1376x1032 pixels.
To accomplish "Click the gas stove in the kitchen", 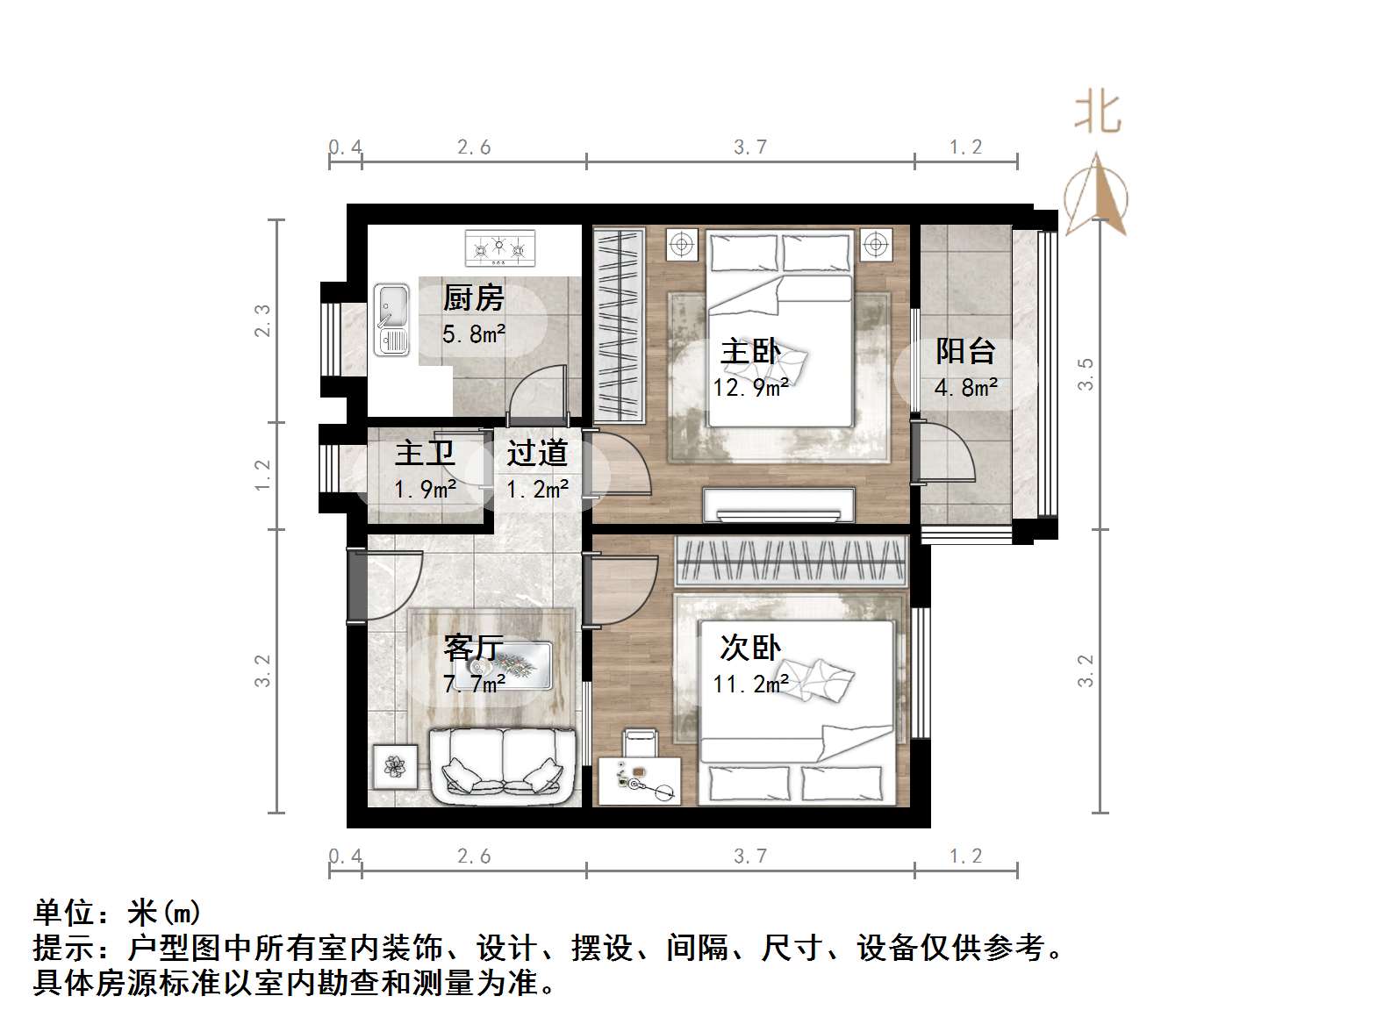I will (x=499, y=247).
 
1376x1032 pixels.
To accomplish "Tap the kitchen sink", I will (x=391, y=319).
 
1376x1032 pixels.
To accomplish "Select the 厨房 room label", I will (x=473, y=298).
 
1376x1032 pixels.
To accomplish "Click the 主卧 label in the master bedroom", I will (x=749, y=352).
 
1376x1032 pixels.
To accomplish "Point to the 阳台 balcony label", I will (x=965, y=351).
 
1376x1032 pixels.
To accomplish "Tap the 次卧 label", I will (x=749, y=649).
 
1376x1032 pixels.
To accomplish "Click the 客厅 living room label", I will (x=474, y=649).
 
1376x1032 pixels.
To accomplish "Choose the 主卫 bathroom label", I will (x=425, y=454).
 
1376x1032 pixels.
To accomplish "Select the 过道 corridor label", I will (x=537, y=454).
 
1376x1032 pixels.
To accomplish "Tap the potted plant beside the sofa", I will (x=395, y=767).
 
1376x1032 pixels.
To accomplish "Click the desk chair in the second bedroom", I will (x=641, y=742).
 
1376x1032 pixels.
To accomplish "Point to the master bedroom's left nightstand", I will (x=681, y=243).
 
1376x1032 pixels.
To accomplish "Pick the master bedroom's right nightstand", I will (x=875, y=243).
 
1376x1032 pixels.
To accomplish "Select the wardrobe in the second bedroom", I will (x=790, y=562).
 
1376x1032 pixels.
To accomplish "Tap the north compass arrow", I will (x=1097, y=197).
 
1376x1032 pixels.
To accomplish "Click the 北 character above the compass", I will (x=1098, y=113).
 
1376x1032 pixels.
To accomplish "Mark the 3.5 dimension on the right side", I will (x=1086, y=374).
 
